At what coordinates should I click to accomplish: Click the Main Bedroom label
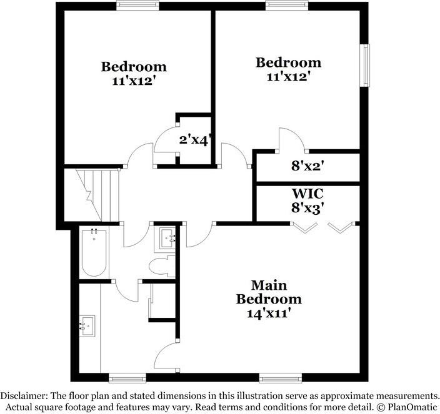point(268,292)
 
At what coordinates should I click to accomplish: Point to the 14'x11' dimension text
point(269,313)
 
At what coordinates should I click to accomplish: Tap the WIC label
point(307,194)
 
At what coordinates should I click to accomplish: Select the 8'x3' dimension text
point(307,209)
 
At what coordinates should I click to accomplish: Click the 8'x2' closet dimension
point(307,166)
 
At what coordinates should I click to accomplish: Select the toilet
point(162,265)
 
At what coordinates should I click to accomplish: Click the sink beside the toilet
point(166,238)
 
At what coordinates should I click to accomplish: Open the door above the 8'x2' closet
point(291,139)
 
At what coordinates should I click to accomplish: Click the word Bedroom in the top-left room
point(134,66)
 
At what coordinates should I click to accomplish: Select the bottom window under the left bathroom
point(127,377)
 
